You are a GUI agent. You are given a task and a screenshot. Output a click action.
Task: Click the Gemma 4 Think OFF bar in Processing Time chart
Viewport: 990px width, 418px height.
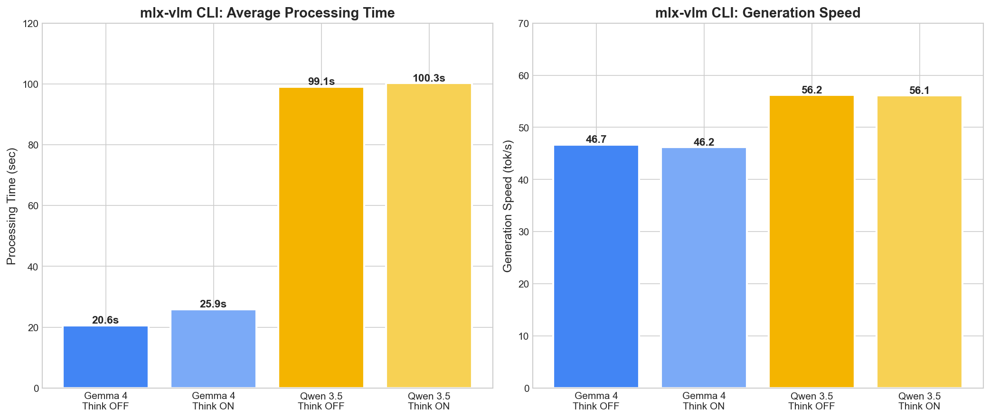click(x=105, y=357)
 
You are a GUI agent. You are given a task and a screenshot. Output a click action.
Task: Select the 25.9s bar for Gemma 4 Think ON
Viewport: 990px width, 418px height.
click(x=213, y=349)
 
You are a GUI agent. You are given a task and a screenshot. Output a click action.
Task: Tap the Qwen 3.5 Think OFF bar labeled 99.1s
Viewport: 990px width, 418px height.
click(x=321, y=237)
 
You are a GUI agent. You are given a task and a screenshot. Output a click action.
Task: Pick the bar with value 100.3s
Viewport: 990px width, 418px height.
click(x=429, y=236)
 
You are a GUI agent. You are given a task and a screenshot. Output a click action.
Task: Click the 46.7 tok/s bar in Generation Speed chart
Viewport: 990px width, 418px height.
click(x=596, y=267)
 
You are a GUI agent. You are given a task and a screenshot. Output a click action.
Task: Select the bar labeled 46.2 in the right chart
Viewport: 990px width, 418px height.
click(x=704, y=268)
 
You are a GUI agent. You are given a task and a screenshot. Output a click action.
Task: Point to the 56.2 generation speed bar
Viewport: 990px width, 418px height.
click(x=811, y=242)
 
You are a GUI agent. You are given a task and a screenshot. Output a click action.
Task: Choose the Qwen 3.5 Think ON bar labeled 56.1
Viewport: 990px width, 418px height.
click(x=919, y=242)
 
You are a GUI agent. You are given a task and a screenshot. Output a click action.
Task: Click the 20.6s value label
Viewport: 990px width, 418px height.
click(x=105, y=320)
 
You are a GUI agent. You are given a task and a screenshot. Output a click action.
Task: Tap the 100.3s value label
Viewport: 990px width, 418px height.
click(x=429, y=78)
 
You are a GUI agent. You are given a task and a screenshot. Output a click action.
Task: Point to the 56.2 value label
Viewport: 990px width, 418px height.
click(x=811, y=90)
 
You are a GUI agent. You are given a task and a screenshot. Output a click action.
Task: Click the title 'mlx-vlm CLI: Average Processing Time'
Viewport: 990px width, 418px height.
click(x=267, y=13)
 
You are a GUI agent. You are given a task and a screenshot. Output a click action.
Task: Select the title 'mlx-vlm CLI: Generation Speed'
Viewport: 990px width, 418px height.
click(x=758, y=13)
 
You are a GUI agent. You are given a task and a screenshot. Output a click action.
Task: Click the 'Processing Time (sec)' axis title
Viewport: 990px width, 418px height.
click(x=12, y=206)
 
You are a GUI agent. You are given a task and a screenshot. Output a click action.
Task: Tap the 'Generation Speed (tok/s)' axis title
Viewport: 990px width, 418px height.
click(x=508, y=206)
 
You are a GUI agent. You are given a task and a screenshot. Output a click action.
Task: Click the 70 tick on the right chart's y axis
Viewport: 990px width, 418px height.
click(x=525, y=24)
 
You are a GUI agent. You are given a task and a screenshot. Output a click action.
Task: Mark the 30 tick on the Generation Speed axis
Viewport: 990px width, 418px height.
click(x=525, y=232)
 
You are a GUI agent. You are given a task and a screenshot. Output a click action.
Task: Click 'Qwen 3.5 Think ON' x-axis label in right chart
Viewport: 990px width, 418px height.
click(x=919, y=401)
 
